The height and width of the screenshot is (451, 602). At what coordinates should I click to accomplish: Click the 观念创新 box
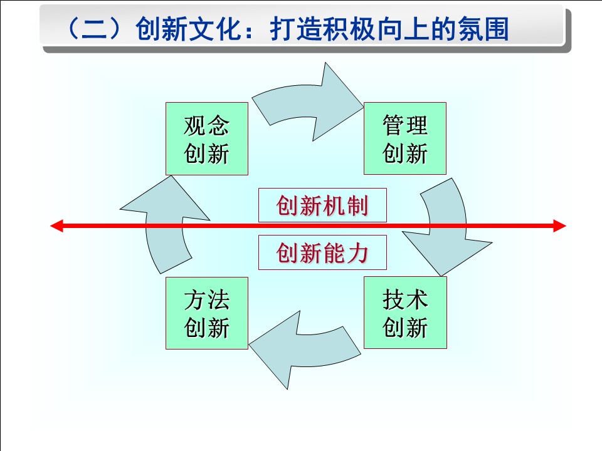pos(206,138)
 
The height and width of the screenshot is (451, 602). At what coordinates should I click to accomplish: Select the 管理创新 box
pos(405,138)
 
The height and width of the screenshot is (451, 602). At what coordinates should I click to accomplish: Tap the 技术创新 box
pos(405,313)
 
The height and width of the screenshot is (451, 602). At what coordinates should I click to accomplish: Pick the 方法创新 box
pos(206,313)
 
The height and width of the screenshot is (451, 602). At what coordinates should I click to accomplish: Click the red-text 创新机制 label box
pos(322,206)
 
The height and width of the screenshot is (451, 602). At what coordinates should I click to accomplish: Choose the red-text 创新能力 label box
pos(322,254)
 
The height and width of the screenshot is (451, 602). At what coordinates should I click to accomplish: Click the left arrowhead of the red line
pos(56,226)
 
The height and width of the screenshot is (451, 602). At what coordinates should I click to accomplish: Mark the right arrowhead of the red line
pos(559,226)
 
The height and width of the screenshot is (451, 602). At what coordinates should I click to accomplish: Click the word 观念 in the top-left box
pos(206,127)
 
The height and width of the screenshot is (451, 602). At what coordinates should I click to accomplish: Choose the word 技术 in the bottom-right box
pos(405,301)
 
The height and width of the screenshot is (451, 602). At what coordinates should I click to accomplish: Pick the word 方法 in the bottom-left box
pos(206,301)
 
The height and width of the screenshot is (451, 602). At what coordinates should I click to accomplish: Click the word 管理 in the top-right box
pos(405,127)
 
